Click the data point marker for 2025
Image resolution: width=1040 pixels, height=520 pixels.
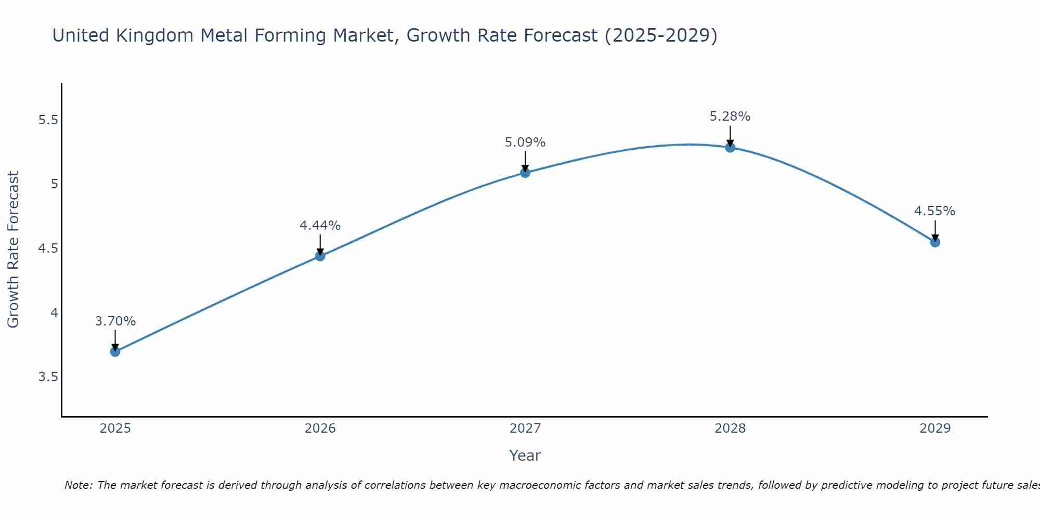coord(115,352)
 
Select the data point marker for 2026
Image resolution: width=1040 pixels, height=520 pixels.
coord(320,256)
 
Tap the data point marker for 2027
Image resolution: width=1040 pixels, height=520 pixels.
coord(525,173)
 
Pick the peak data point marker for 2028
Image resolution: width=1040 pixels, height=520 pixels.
coord(730,147)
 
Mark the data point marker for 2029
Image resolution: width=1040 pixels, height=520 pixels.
coord(935,242)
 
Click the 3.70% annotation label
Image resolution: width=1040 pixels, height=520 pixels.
coord(115,321)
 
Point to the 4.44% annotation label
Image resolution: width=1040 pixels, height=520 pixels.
coord(320,226)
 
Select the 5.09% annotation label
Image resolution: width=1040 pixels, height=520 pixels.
coord(525,142)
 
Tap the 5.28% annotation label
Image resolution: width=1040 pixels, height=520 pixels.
coord(730,116)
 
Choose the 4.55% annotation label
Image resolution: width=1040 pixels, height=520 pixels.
coord(934,211)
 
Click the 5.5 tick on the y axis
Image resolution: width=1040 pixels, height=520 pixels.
coord(48,120)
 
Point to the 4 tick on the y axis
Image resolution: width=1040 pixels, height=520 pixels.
coord(54,313)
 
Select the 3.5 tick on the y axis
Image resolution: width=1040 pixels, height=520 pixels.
coord(48,376)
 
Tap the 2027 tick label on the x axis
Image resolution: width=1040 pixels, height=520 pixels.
coord(525,428)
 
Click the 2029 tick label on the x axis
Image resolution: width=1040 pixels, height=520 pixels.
coord(935,428)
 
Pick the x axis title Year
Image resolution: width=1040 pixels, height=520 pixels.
coord(525,456)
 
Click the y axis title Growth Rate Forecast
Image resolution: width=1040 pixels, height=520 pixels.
coord(13,249)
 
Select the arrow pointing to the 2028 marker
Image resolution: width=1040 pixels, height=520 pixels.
coord(730,136)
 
